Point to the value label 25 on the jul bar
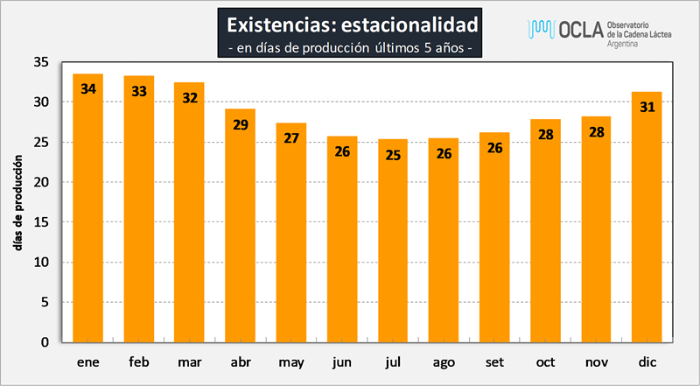coord(393,154)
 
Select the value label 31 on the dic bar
coord(647,107)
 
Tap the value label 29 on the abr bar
coord(241,123)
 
